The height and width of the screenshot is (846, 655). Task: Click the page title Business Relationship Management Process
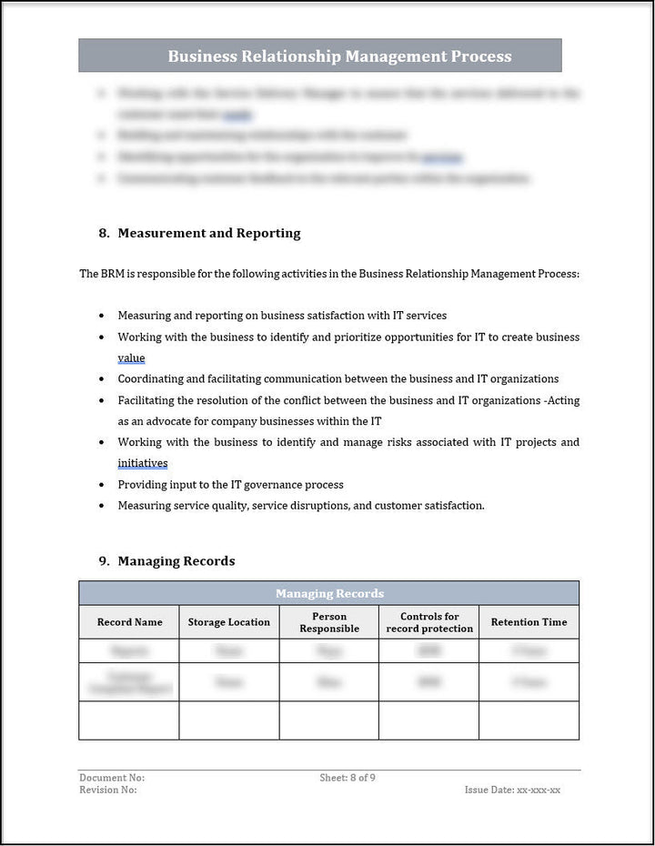(339, 56)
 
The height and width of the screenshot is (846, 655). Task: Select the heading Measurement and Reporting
(209, 233)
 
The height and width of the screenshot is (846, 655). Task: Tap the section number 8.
(104, 233)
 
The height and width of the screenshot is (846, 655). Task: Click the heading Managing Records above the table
(176, 561)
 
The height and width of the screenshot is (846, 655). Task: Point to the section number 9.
(104, 561)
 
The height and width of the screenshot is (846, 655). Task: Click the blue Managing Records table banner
(329, 593)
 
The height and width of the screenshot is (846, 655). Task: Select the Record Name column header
(129, 622)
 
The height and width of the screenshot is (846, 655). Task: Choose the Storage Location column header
(229, 622)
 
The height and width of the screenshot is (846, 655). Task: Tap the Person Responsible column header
(329, 622)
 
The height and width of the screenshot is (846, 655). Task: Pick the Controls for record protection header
(429, 622)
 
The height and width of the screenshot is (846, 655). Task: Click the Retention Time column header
(529, 622)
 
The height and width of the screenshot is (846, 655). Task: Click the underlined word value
(131, 358)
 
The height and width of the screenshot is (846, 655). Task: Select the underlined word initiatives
(143, 463)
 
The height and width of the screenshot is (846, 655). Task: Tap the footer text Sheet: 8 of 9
(348, 778)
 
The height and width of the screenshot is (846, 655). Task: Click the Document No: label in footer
(112, 778)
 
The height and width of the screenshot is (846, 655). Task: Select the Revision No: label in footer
(108, 790)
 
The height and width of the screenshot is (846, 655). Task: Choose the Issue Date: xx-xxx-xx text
(512, 790)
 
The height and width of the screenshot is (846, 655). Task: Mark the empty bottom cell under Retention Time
(529, 720)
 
